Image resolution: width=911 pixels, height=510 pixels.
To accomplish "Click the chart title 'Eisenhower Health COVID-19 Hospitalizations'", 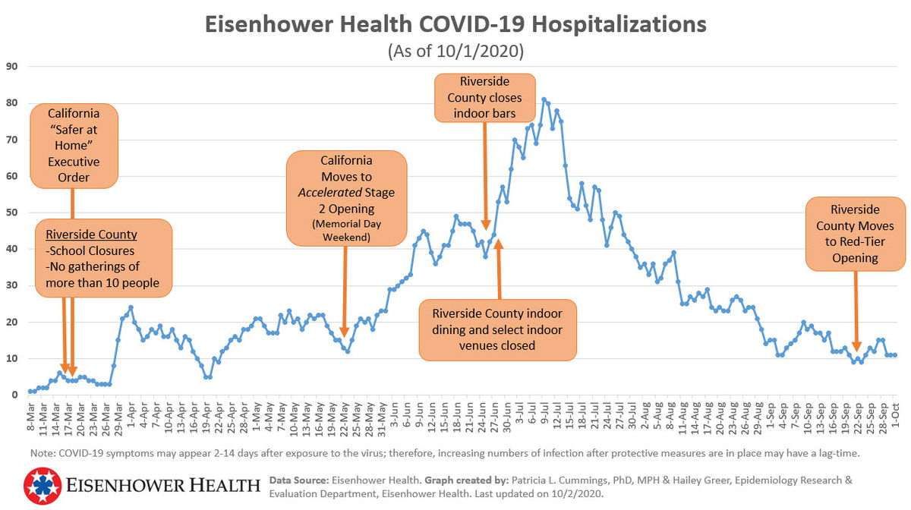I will pyautogui.click(x=455, y=24).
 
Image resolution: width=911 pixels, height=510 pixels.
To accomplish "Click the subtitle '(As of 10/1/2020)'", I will pyautogui.click(x=455, y=52).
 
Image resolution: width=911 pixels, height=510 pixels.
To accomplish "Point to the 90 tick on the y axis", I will pyautogui.click(x=11, y=66).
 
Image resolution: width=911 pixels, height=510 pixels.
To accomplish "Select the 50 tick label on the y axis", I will pyautogui.click(x=11, y=212).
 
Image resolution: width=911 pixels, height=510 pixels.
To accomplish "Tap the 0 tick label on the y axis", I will pyautogui.click(x=14, y=395).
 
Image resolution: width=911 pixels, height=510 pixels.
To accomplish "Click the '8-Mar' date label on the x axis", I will pyautogui.click(x=30, y=416).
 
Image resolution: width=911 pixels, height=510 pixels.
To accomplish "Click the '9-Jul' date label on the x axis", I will pyautogui.click(x=544, y=416).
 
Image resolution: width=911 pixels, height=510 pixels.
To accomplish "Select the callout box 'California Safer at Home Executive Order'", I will pyautogui.click(x=74, y=146).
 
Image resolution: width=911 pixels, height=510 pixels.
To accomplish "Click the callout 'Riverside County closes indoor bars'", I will pyautogui.click(x=484, y=97).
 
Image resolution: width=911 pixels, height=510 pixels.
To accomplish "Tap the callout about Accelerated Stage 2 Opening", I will pyautogui.click(x=346, y=197).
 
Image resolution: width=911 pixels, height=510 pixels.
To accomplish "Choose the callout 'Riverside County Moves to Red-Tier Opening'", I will pyautogui.click(x=855, y=234).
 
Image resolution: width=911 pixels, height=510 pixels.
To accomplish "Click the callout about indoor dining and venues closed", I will pyautogui.click(x=498, y=329).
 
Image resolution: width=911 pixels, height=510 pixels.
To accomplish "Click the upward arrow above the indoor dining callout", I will pyautogui.click(x=499, y=269).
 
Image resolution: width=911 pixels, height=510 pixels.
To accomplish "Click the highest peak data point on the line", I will pyautogui.click(x=544, y=99).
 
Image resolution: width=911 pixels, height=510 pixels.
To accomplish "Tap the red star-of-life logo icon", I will pyautogui.click(x=41, y=486).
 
